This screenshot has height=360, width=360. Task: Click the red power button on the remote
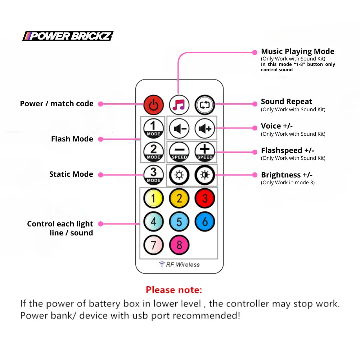click(x=153, y=105)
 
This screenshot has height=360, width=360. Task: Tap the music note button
click(x=179, y=105)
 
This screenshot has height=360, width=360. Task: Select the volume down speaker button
click(x=179, y=129)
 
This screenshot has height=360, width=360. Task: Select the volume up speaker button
click(x=205, y=129)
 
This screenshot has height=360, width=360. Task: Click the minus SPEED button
click(x=179, y=152)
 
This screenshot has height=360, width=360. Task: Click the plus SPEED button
click(x=205, y=152)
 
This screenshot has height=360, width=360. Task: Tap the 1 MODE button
click(x=153, y=129)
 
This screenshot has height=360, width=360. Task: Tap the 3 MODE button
click(x=153, y=175)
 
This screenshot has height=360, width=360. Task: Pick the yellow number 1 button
click(x=153, y=198)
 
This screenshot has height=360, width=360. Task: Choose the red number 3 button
click(x=205, y=198)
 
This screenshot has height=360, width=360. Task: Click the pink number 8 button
click(x=179, y=245)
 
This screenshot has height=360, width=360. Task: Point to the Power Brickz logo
click(x=68, y=36)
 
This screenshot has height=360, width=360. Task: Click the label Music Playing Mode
click(x=297, y=51)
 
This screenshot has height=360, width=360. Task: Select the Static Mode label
click(x=71, y=174)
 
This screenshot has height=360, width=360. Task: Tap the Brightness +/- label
click(x=287, y=175)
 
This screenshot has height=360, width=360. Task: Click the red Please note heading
click(x=174, y=290)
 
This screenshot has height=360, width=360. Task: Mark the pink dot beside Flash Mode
click(x=101, y=139)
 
